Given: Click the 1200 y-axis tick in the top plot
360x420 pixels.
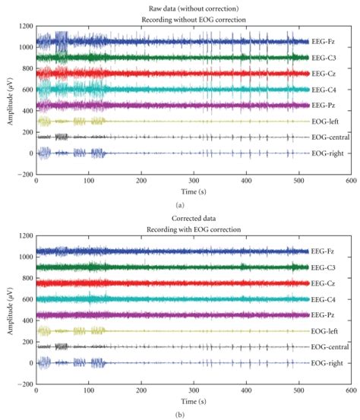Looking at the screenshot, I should (x=24, y=27).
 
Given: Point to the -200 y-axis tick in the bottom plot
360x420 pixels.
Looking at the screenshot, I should (x=24, y=384).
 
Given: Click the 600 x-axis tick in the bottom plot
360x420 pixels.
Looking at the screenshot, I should (x=351, y=393).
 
